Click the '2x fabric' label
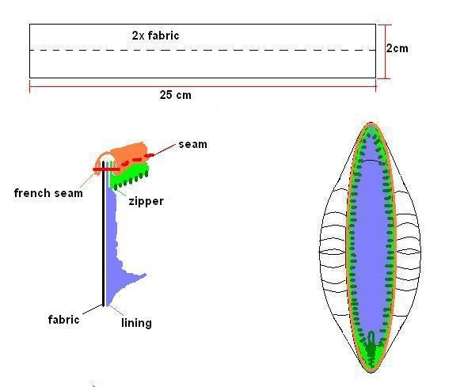[155, 36]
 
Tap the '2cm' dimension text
[397, 48]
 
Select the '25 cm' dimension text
[176, 95]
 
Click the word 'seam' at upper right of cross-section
[192, 144]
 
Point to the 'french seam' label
[48, 193]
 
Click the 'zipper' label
[146, 202]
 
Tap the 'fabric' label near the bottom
[63, 320]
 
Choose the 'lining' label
[136, 323]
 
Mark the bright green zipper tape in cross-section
[129, 175]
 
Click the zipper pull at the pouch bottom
[371, 346]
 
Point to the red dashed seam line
[138, 159]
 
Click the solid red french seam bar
[107, 169]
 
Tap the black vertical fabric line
[103, 233]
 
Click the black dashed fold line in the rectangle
[203, 50]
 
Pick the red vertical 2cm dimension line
[386, 51]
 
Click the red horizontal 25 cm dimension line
[203, 87]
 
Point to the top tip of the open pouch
[371, 122]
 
